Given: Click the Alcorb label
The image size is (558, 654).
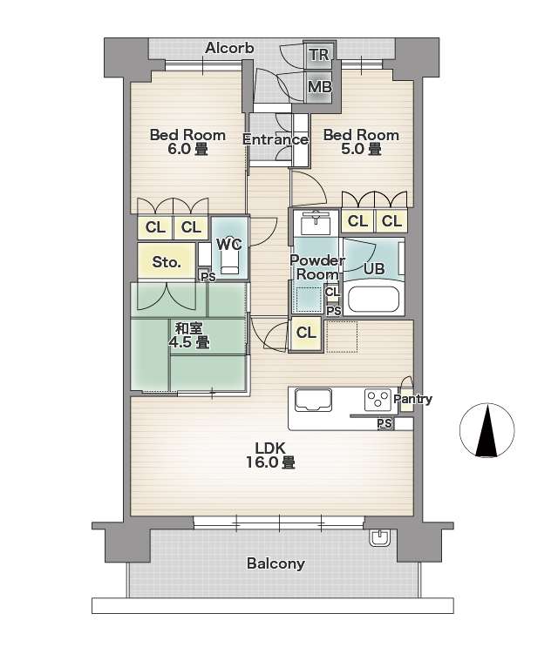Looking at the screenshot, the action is (229, 49).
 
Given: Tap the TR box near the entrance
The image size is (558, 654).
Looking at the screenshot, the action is (319, 55).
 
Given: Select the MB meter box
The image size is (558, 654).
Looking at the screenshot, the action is (319, 87).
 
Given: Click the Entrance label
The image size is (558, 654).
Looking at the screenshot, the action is (276, 139).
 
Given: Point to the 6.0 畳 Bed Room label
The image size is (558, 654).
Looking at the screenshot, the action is (187, 142).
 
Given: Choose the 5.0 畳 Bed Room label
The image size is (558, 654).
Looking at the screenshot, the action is (361, 142).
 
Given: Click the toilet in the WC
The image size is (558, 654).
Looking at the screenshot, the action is (230, 258).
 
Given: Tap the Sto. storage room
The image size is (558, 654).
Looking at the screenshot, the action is (167, 261).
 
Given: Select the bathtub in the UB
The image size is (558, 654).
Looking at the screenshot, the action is (373, 299).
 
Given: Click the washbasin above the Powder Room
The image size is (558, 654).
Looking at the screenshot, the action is (316, 222).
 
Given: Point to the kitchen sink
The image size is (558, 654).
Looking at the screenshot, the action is (314, 400).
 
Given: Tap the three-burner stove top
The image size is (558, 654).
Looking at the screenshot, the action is (378, 400).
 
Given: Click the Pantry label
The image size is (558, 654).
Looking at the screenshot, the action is (412, 399).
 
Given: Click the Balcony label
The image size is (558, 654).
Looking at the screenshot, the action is (276, 563).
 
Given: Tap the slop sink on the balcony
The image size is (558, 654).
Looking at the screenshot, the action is (379, 536).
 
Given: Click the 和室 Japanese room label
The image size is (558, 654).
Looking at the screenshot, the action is (189, 335).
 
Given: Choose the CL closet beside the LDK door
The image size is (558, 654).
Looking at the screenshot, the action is (306, 334).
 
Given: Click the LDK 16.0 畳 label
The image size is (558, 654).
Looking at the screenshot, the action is (270, 455).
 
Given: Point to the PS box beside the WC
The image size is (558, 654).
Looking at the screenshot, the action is (208, 277).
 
